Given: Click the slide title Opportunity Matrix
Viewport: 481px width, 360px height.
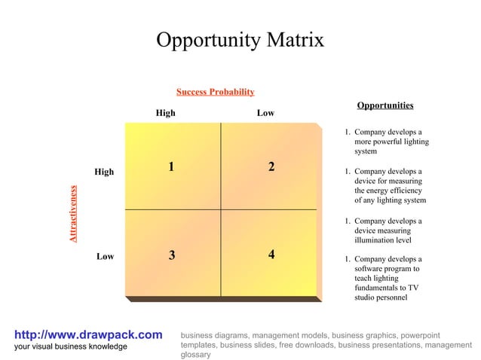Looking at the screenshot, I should [240, 40].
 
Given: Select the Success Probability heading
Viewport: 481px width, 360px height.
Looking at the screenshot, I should [215, 92].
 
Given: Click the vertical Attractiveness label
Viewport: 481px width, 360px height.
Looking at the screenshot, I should [73, 214].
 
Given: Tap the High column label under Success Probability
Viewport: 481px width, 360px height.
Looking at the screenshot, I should [165, 113].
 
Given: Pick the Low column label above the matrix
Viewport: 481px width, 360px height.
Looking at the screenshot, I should [265, 113].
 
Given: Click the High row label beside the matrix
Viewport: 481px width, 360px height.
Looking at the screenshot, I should [104, 172].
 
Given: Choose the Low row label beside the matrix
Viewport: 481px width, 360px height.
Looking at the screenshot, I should [105, 256].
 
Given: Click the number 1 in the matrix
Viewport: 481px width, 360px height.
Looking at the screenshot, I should [172, 167].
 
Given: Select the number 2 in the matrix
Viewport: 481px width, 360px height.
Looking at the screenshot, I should [271, 167].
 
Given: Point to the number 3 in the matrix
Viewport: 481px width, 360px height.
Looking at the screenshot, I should [172, 255].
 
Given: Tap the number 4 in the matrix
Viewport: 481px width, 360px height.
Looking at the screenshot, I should [271, 255].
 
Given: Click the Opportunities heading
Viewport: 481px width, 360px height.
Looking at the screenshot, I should [384, 105].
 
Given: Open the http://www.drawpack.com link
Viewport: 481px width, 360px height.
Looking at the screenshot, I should [88, 334].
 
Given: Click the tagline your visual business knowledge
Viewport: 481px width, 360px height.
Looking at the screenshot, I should [71, 346].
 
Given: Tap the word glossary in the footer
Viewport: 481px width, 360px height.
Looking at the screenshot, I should [196, 354].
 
